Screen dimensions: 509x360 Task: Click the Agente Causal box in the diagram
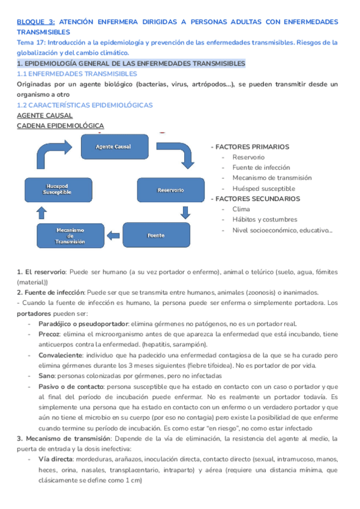point(113,146)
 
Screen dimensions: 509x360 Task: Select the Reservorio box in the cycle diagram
point(170,190)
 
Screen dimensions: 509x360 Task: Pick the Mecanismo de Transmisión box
point(70,236)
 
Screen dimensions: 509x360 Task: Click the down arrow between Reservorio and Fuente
point(185,212)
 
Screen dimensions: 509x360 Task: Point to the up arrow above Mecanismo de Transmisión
point(41,212)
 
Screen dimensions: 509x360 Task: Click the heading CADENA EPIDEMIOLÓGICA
point(60,125)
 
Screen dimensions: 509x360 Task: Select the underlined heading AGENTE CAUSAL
point(44,115)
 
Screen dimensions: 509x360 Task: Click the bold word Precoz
point(49,334)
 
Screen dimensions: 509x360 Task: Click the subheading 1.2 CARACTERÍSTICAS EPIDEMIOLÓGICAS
point(85,104)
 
